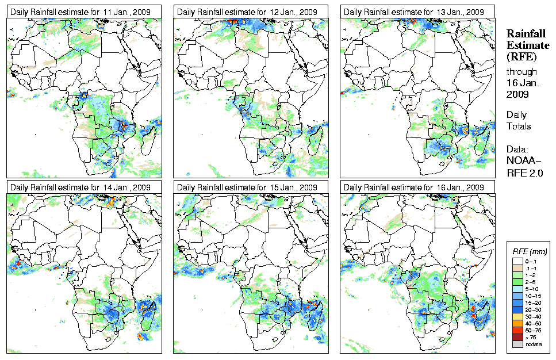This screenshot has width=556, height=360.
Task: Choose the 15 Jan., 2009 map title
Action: coord(247,187)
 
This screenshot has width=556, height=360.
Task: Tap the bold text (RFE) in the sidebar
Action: coord(521,57)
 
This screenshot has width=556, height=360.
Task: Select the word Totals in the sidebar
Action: coord(518,127)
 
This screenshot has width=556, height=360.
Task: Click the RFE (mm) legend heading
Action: coord(530,251)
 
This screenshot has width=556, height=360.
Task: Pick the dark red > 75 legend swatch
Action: coord(517,337)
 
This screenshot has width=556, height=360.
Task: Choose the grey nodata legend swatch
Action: coord(517,344)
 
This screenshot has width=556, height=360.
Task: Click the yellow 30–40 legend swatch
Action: coord(517,316)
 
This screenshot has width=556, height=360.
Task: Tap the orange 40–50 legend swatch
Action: coord(517,323)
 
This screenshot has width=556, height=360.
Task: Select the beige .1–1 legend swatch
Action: coord(517,268)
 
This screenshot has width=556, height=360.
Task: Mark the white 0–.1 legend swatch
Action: coord(517,261)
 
